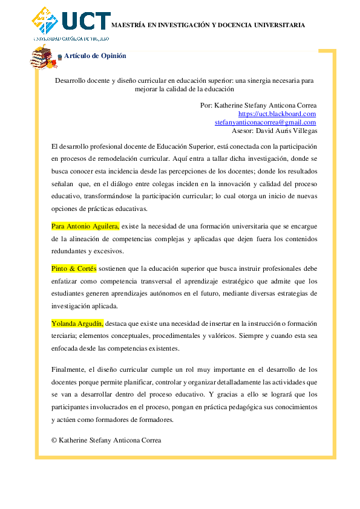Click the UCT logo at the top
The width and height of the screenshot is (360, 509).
71,21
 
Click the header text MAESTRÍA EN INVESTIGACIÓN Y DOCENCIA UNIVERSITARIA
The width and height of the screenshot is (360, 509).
208,25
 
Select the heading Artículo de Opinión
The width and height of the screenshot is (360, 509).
95,56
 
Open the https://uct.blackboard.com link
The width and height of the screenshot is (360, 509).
277,114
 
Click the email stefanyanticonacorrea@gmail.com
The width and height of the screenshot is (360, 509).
266,122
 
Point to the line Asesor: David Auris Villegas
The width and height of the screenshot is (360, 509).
274,130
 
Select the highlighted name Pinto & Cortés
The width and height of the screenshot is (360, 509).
74,268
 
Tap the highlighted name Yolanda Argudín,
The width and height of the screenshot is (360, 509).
77,323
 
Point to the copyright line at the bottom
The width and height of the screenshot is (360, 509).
106,440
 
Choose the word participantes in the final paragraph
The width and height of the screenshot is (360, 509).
72,407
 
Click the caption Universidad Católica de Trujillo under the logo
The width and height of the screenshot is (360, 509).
71,39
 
